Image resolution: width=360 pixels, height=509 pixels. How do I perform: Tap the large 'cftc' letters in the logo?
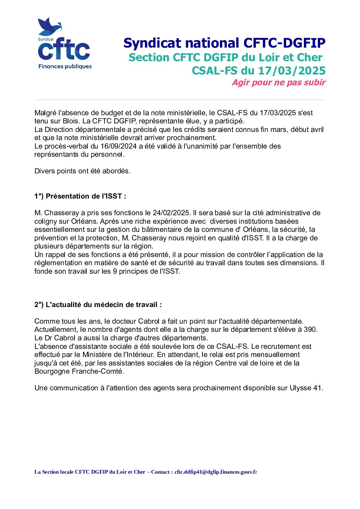(x=64, y=50)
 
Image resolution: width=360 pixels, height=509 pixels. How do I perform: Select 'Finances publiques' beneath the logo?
(x=65, y=66)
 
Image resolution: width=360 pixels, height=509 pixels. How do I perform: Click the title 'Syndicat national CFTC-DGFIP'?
(x=224, y=43)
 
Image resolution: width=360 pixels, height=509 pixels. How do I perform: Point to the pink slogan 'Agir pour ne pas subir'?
(x=279, y=83)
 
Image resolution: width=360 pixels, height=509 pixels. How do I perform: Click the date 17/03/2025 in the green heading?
(x=292, y=71)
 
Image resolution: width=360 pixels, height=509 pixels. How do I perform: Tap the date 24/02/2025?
(x=171, y=213)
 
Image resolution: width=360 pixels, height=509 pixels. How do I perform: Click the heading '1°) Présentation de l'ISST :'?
(x=80, y=196)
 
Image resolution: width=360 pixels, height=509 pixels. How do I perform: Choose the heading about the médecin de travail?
(x=98, y=305)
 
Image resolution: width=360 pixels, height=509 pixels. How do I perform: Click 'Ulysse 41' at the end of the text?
(x=306, y=388)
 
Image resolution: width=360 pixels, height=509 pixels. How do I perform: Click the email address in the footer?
(x=216, y=472)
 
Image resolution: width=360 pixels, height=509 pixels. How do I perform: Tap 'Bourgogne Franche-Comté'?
(x=79, y=371)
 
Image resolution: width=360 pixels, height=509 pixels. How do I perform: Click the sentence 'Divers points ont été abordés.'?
(x=82, y=171)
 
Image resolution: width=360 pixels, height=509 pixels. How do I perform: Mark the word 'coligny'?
(x=47, y=221)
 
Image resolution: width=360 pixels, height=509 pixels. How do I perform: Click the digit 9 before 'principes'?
(x=115, y=271)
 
